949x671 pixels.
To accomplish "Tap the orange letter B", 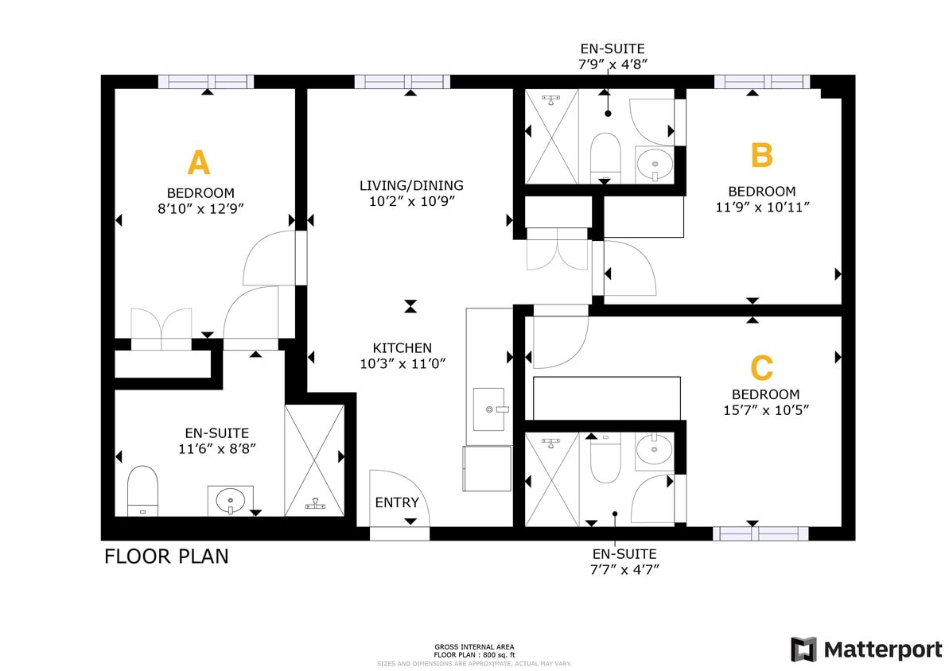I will pyautogui.click(x=761, y=155).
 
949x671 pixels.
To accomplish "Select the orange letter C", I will pyautogui.click(x=761, y=368).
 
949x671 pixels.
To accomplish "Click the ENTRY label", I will pyautogui.click(x=396, y=502).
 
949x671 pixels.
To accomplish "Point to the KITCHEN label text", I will pyautogui.click(x=402, y=348).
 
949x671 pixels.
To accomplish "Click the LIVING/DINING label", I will pyautogui.click(x=410, y=186).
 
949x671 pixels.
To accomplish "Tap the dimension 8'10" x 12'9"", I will pyautogui.click(x=200, y=208).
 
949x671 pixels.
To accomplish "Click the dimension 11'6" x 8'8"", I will pyautogui.click(x=217, y=448).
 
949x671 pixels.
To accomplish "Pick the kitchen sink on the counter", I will pyautogui.click(x=488, y=409).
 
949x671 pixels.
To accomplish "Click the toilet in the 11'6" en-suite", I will pyautogui.click(x=143, y=490).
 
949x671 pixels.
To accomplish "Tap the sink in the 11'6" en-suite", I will pyautogui.click(x=231, y=500).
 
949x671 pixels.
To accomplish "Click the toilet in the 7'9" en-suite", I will pyautogui.click(x=605, y=155).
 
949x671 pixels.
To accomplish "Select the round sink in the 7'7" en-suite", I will pyautogui.click(x=654, y=451).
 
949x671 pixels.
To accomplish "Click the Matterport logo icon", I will pyautogui.click(x=803, y=649).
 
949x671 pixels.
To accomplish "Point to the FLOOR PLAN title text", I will pyautogui.click(x=166, y=557).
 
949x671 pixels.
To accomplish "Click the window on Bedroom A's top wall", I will pyautogui.click(x=206, y=81).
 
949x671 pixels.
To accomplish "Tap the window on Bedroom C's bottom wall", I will pyautogui.click(x=760, y=533).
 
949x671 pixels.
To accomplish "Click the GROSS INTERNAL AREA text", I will pyautogui.click(x=473, y=647).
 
